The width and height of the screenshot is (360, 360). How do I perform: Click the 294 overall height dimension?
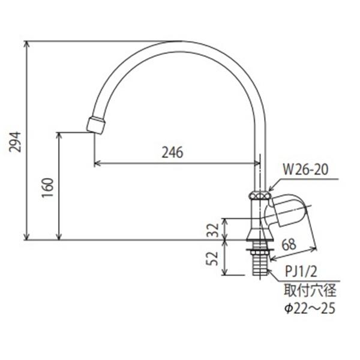click(18, 140)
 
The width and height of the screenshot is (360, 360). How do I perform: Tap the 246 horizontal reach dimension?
click(172, 152)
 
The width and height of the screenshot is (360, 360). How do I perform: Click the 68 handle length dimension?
click(289, 244)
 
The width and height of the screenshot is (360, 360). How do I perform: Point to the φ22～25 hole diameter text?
click(309, 309)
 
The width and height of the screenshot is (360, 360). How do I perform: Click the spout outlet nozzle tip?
click(96, 125)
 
